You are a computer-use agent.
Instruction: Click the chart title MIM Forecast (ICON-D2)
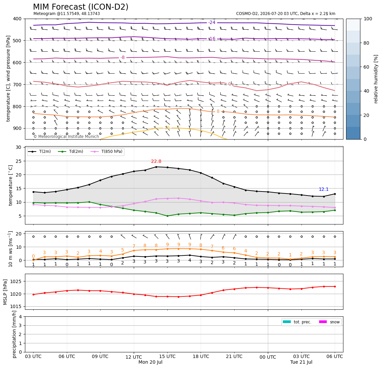coord(81,7)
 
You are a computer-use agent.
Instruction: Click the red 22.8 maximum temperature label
coord(156,162)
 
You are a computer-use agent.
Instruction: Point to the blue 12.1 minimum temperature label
coord(324,189)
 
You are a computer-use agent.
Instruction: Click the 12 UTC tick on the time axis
coord(134,357)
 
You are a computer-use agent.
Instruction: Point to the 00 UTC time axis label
coord(268,357)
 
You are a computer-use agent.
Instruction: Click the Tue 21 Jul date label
coord(301,362)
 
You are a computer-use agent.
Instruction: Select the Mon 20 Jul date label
coord(150,362)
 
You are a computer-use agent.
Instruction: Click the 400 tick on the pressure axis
coord(18,19)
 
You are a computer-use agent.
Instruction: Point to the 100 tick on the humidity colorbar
coord(368,19)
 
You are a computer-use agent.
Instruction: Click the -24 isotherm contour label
coord(212,22)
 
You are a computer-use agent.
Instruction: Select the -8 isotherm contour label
coord(122,58)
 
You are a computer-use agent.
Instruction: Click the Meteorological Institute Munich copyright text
coord(66,137)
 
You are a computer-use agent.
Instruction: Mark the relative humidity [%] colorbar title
coord(376,79)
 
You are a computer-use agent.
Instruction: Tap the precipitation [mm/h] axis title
coord(15,334)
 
